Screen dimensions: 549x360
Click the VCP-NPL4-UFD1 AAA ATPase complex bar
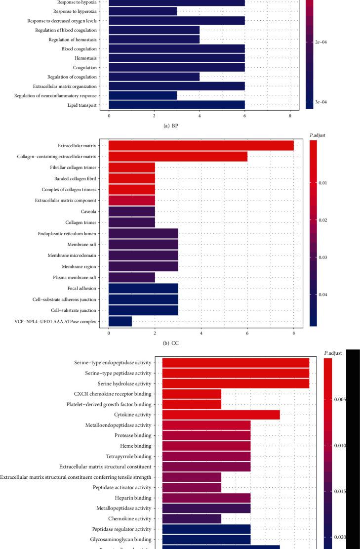pos(120,321)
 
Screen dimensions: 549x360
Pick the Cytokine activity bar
pos(221,415)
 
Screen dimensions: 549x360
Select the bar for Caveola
pos(132,211)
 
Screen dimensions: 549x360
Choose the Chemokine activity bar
pos(192,518)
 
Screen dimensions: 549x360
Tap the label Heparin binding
pos(133,498)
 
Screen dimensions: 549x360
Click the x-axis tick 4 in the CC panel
pos(201,334)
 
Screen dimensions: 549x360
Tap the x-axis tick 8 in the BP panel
pos(290,117)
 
